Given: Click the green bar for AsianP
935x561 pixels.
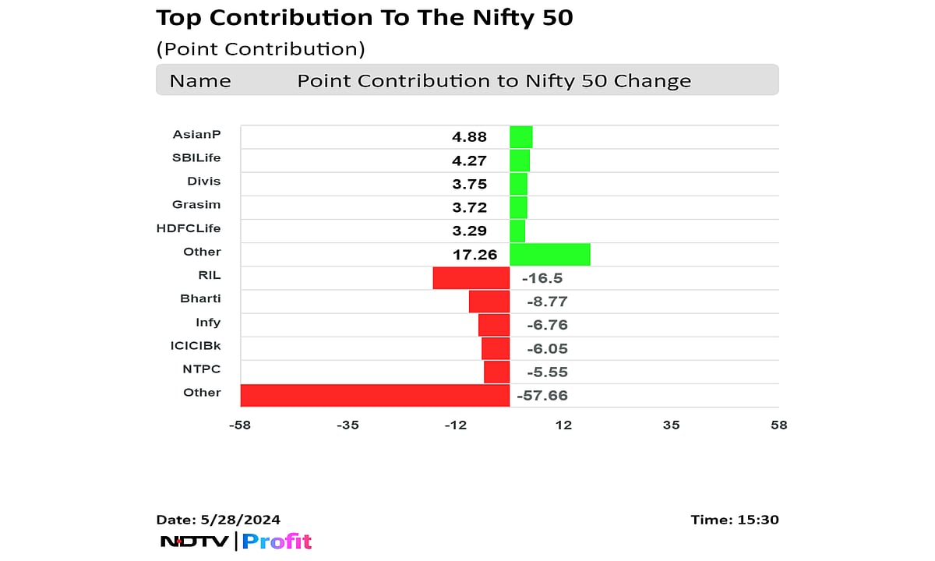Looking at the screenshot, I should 520,137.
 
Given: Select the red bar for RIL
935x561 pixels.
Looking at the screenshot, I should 471,278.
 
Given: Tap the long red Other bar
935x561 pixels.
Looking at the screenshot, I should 375,395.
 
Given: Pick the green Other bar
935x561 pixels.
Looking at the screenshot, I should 549,254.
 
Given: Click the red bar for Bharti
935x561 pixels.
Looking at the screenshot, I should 489,302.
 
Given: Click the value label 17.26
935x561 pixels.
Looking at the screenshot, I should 469,254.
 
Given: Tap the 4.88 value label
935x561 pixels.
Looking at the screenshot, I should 469,137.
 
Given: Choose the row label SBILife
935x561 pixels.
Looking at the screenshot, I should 196,158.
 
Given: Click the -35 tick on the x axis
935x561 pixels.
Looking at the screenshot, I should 348,425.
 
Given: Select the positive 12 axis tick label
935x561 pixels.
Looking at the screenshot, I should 563,425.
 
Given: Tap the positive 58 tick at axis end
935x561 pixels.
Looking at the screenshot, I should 778,425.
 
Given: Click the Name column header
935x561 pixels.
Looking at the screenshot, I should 200,81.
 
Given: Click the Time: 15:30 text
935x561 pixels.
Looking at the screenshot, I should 734,520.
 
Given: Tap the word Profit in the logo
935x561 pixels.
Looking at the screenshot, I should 277,542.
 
